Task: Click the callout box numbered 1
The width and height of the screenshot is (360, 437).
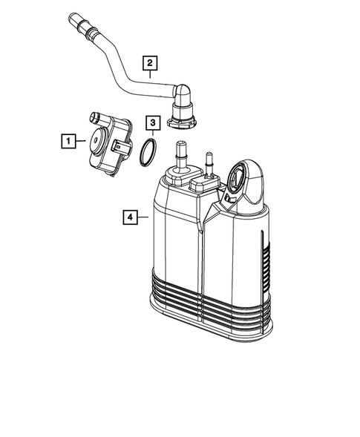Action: click(x=68, y=139)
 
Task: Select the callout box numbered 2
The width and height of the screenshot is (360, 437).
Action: click(x=150, y=62)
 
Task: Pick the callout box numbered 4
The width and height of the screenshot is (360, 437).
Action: click(x=130, y=217)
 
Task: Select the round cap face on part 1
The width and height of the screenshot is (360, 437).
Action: click(x=96, y=137)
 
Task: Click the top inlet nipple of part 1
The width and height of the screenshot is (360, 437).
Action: click(x=95, y=116)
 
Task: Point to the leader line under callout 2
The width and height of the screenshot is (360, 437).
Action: click(x=150, y=73)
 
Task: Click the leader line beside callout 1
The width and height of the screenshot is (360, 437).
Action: click(x=81, y=139)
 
